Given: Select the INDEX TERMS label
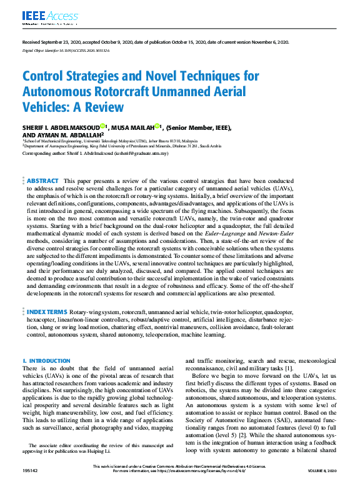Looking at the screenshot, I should [47, 311].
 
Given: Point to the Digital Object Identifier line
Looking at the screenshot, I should [65, 51].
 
